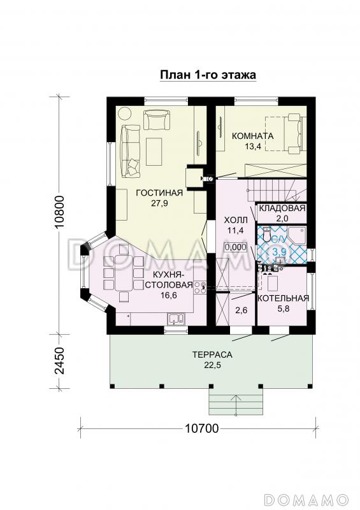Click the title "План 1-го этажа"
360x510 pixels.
tap(208, 75)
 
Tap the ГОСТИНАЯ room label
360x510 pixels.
tap(159, 193)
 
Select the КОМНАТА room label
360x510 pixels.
tap(253, 136)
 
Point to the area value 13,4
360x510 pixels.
tap(253, 147)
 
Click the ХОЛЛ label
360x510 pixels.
tap(236, 220)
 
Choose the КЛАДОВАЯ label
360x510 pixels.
tap(282, 208)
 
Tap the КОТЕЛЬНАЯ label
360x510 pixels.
tap(284, 298)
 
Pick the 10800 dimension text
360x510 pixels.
tap(61, 213)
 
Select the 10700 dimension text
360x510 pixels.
tap(202, 429)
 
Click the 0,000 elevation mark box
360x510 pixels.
tap(236, 247)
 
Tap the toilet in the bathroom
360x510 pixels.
tap(266, 234)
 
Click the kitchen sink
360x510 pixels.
tap(176, 319)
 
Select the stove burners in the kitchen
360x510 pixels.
tap(199, 287)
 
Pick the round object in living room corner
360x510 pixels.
tap(124, 114)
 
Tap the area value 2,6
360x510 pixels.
tap(241, 310)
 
